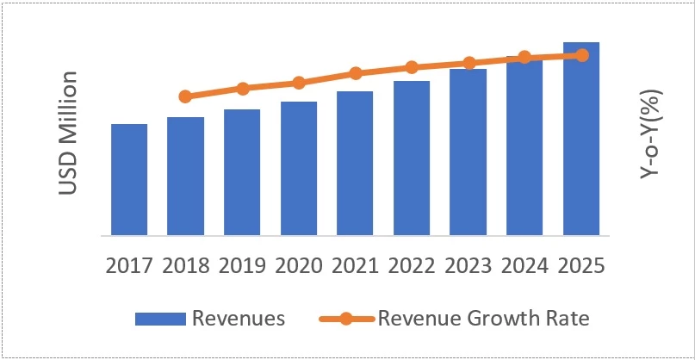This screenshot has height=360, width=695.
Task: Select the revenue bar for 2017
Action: pyautogui.click(x=129, y=179)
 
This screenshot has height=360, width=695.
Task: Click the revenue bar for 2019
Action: pyautogui.click(x=242, y=172)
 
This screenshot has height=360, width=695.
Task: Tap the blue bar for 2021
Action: pyautogui.click(x=355, y=163)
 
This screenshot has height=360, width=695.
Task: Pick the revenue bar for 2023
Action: pyautogui.click(x=468, y=152)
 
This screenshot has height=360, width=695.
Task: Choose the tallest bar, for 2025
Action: pyautogui.click(x=581, y=138)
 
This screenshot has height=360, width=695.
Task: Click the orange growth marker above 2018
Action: pyautogui.click(x=185, y=96)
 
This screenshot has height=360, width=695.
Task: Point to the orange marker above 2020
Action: pyautogui.click(x=298, y=83)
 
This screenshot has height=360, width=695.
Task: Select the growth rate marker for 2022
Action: pyautogui.click(x=412, y=67)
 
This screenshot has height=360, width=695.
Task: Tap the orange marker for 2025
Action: pyautogui.click(x=581, y=55)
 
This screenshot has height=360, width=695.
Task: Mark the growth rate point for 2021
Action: pyautogui.click(x=355, y=73)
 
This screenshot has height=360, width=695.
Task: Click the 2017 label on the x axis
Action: pyautogui.click(x=129, y=264)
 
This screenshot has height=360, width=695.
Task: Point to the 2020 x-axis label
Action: pyautogui.click(x=298, y=264)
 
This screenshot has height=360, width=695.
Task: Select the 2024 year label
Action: pyautogui.click(x=524, y=264)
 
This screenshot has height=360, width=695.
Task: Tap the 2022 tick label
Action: pyautogui.click(x=412, y=264)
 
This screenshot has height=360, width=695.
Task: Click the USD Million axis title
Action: pyautogui.click(x=70, y=134)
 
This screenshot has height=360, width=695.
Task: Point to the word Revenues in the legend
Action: pyautogui.click(x=238, y=319)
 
